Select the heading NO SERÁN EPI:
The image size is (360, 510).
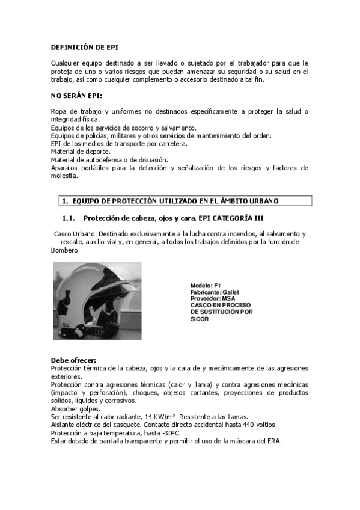pos(76,95)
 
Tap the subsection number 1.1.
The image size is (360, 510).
pos(68,218)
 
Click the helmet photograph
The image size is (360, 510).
pos(97,300)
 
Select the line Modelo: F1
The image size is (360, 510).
pos(206,285)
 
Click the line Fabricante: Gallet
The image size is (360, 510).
pos(215,292)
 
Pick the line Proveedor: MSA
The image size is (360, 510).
pos(213,298)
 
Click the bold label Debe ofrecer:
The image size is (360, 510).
pos(73,360)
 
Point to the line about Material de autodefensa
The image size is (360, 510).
pos(109,160)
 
